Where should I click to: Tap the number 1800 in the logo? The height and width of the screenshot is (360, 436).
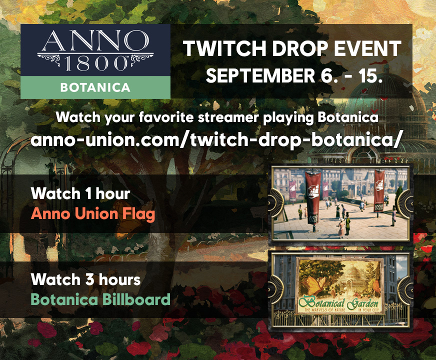[95, 63]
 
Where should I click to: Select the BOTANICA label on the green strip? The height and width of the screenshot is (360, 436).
[95, 87]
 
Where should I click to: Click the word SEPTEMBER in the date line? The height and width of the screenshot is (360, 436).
[260, 75]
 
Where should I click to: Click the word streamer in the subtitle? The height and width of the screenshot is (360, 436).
[228, 117]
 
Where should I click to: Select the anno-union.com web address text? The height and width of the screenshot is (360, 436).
[216, 139]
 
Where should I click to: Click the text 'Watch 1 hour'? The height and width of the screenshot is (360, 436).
[80, 193]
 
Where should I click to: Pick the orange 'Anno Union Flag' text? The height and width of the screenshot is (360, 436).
[93, 214]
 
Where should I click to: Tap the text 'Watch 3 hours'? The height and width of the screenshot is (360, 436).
[85, 279]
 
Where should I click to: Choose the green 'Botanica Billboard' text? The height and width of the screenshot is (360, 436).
[100, 299]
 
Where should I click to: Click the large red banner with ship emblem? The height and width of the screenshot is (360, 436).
[313, 192]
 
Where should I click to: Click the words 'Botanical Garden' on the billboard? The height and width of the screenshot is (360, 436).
[338, 303]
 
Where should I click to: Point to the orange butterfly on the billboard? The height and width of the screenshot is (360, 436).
[315, 283]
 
